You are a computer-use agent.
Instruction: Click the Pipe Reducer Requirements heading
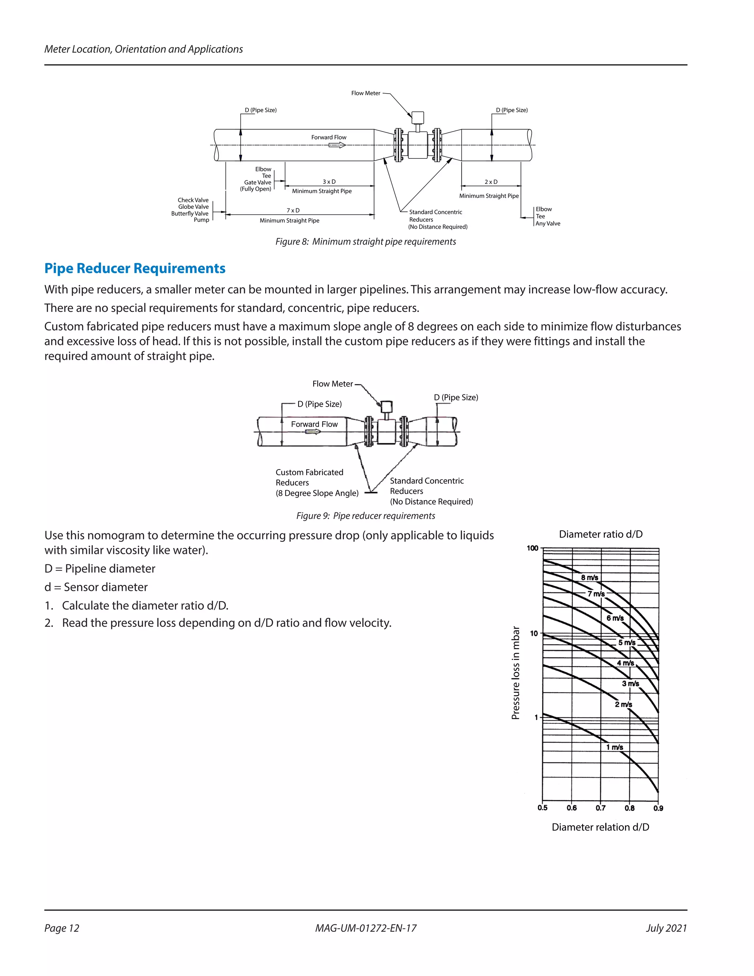134,268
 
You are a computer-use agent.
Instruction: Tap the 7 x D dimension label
293,210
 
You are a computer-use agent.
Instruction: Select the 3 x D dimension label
329,182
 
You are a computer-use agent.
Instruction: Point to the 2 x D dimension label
490,182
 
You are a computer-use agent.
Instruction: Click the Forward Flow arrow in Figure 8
337,145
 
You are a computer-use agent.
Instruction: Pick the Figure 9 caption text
365,516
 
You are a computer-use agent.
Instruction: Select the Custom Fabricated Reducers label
309,477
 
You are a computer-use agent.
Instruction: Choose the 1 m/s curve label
614,747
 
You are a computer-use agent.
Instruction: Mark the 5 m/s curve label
626,643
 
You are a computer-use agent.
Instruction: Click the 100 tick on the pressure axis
532,548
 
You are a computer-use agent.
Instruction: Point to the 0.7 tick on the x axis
600,808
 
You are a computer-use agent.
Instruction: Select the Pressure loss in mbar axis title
515,673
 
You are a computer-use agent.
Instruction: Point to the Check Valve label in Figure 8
193,200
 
